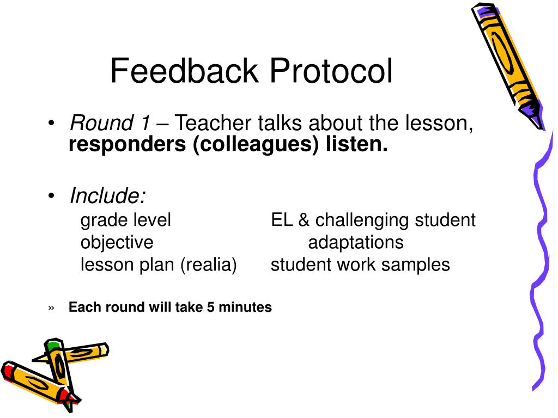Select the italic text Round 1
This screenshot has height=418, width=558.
[x=109, y=124]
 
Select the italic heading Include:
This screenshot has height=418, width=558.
[x=107, y=195]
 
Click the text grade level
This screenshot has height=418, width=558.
[x=126, y=220]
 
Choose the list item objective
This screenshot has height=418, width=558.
[x=117, y=242]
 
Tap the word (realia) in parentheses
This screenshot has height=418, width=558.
[x=210, y=265]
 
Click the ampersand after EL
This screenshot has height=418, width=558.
[x=304, y=220]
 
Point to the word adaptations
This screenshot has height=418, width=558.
[x=356, y=242]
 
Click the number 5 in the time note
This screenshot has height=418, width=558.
[x=210, y=308]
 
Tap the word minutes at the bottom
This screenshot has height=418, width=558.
[x=245, y=308]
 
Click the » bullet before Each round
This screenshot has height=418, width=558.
[x=51, y=308]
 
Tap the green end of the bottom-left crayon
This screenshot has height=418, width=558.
[x=53, y=345]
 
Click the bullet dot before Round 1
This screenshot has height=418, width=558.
[x=51, y=125]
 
